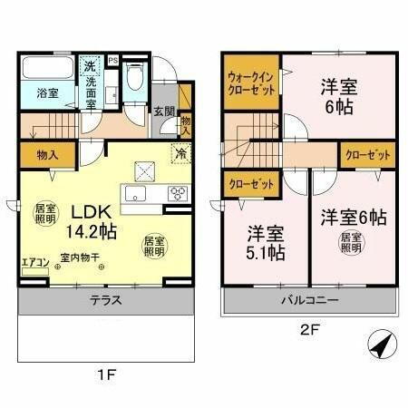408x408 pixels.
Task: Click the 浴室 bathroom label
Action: pyautogui.click(x=46, y=92)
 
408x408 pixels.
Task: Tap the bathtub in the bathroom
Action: pyautogui.click(x=46, y=70)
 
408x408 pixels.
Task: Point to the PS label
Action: pyautogui.click(x=113, y=61)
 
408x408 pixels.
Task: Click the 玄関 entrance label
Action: pyautogui.click(x=163, y=112)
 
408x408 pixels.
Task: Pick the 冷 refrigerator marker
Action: pyautogui.click(x=180, y=152)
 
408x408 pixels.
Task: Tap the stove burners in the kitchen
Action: pyautogui.click(x=178, y=191)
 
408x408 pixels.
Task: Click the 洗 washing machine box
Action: pyautogui.click(x=90, y=64)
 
